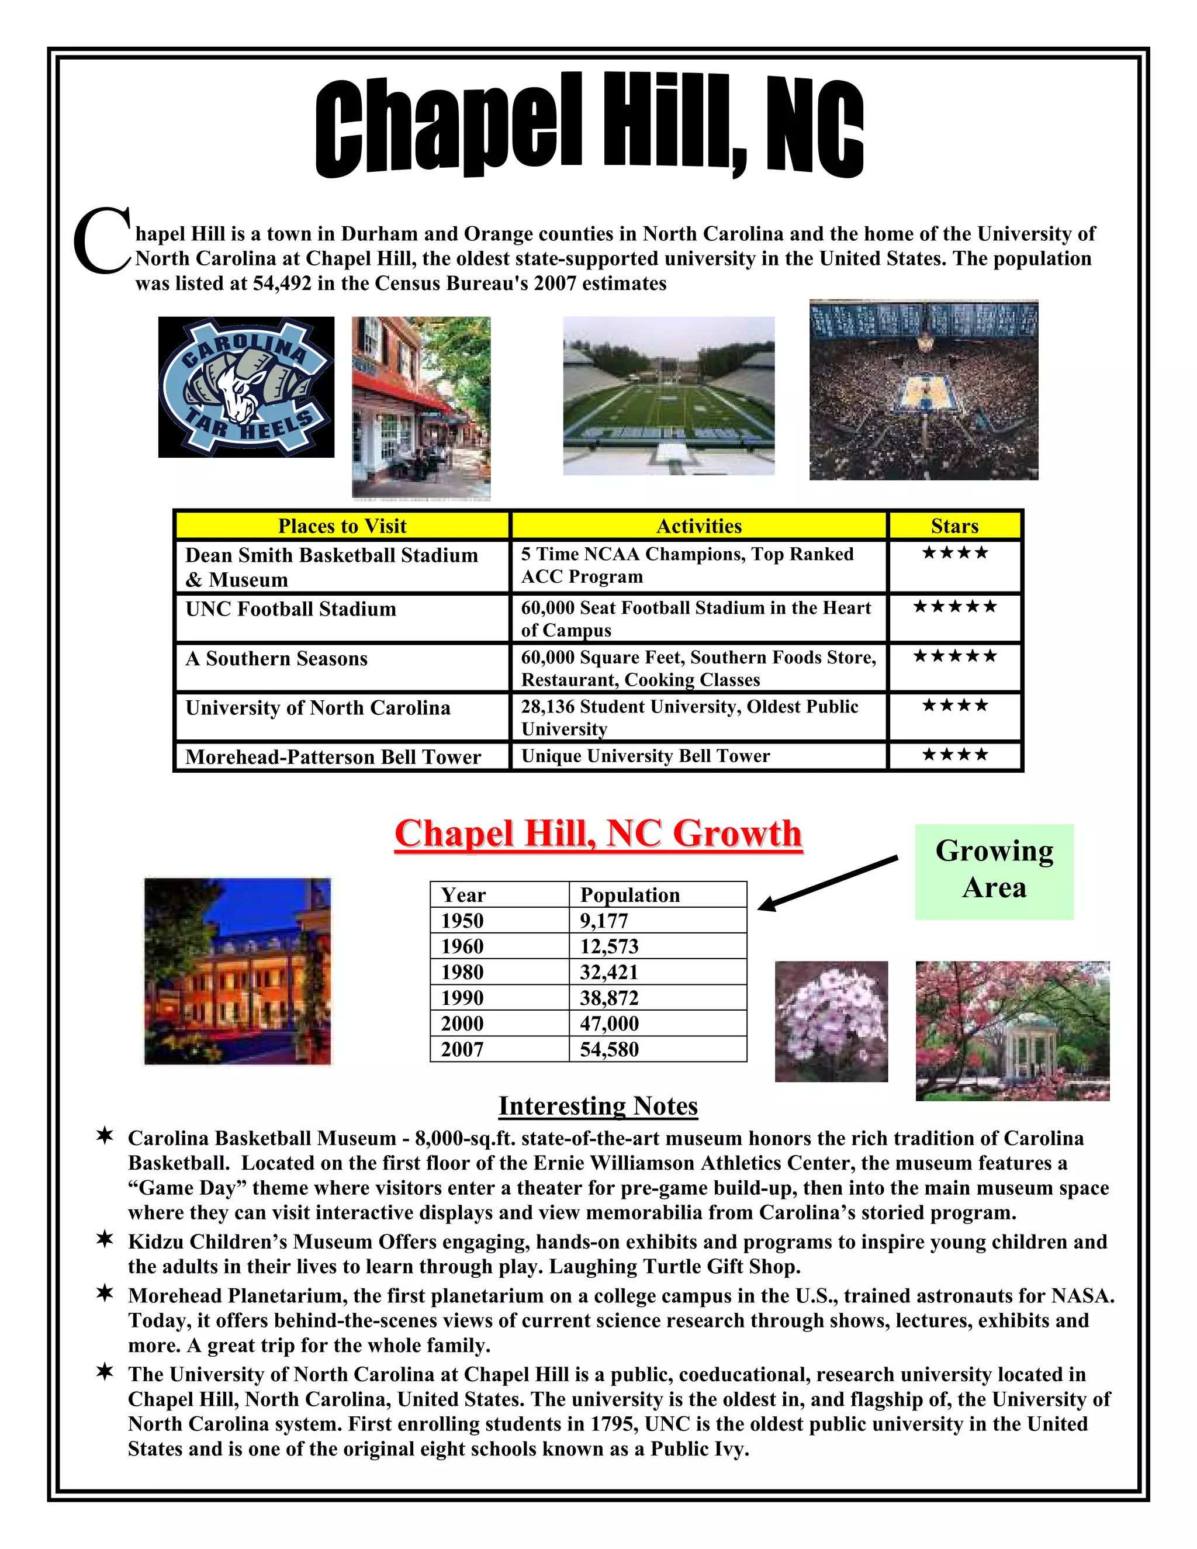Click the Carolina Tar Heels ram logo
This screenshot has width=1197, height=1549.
[x=245, y=387]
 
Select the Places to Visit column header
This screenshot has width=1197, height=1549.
[x=342, y=525]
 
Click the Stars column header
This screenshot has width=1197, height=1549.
[x=954, y=525]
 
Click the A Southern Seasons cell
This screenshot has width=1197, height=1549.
[x=276, y=659]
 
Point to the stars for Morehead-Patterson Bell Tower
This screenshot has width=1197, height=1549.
[x=954, y=755]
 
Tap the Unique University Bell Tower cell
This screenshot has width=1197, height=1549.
[x=645, y=756]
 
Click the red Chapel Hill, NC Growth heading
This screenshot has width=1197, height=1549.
[x=598, y=834]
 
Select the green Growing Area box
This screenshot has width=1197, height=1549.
[x=994, y=871]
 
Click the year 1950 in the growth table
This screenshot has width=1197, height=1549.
[x=462, y=921]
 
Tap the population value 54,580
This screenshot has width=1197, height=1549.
[x=609, y=1050]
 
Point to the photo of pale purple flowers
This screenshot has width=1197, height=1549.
[x=831, y=1021]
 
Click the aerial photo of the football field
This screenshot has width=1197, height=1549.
[x=669, y=396]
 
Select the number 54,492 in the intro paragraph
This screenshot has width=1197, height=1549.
[x=282, y=283]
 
